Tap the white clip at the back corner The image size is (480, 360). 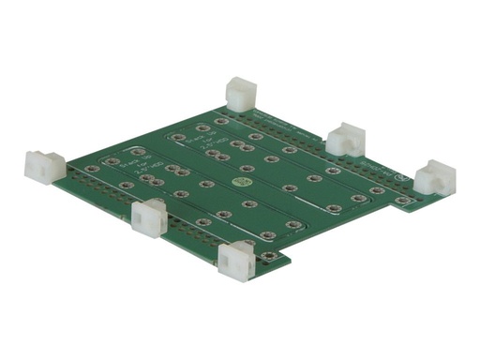tap(241, 94)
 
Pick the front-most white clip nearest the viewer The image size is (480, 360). tap(236, 261)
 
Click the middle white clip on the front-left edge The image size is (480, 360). tap(149, 217)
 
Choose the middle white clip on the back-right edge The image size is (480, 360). tap(346, 138)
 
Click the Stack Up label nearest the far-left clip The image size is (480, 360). tap(128, 165)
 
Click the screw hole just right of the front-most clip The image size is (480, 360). tap(269, 255)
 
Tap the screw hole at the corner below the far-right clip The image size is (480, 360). tap(403, 201)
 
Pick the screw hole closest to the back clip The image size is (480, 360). tap(221, 121)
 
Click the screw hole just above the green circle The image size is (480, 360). tap(247, 169)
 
